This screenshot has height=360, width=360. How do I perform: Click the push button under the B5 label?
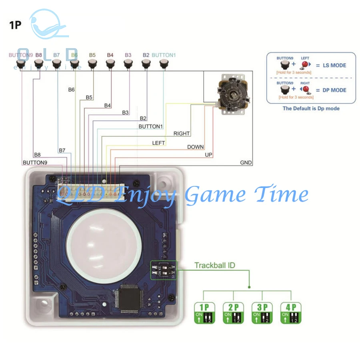pyautogui.click(x=92, y=63)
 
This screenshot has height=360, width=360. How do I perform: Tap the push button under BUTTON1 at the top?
pyautogui.click(x=163, y=63)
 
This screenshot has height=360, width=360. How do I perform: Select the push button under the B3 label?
pyautogui.click(x=128, y=63)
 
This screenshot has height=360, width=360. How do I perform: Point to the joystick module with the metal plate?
pyautogui.click(x=231, y=95)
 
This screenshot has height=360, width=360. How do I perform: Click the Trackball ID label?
pyautogui.click(x=214, y=265)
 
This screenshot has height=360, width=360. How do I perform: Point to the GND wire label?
pyautogui.click(x=246, y=163)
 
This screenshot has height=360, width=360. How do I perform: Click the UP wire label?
pyautogui.click(x=208, y=154)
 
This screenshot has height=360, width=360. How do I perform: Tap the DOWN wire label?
pyautogui.click(x=195, y=147)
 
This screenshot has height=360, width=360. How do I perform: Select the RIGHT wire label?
pyautogui.click(x=181, y=133)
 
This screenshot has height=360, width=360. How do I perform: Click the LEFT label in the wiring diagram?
pyautogui.click(x=158, y=143)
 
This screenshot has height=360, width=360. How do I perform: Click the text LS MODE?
pyautogui.click(x=334, y=65)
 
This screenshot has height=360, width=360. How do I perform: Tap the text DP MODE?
pyautogui.click(x=334, y=90)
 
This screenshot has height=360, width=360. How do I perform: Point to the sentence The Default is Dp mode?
pyautogui.click(x=311, y=108)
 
